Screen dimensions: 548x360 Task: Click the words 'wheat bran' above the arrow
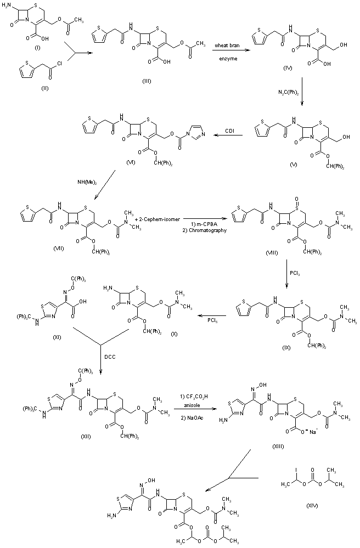(226, 50)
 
